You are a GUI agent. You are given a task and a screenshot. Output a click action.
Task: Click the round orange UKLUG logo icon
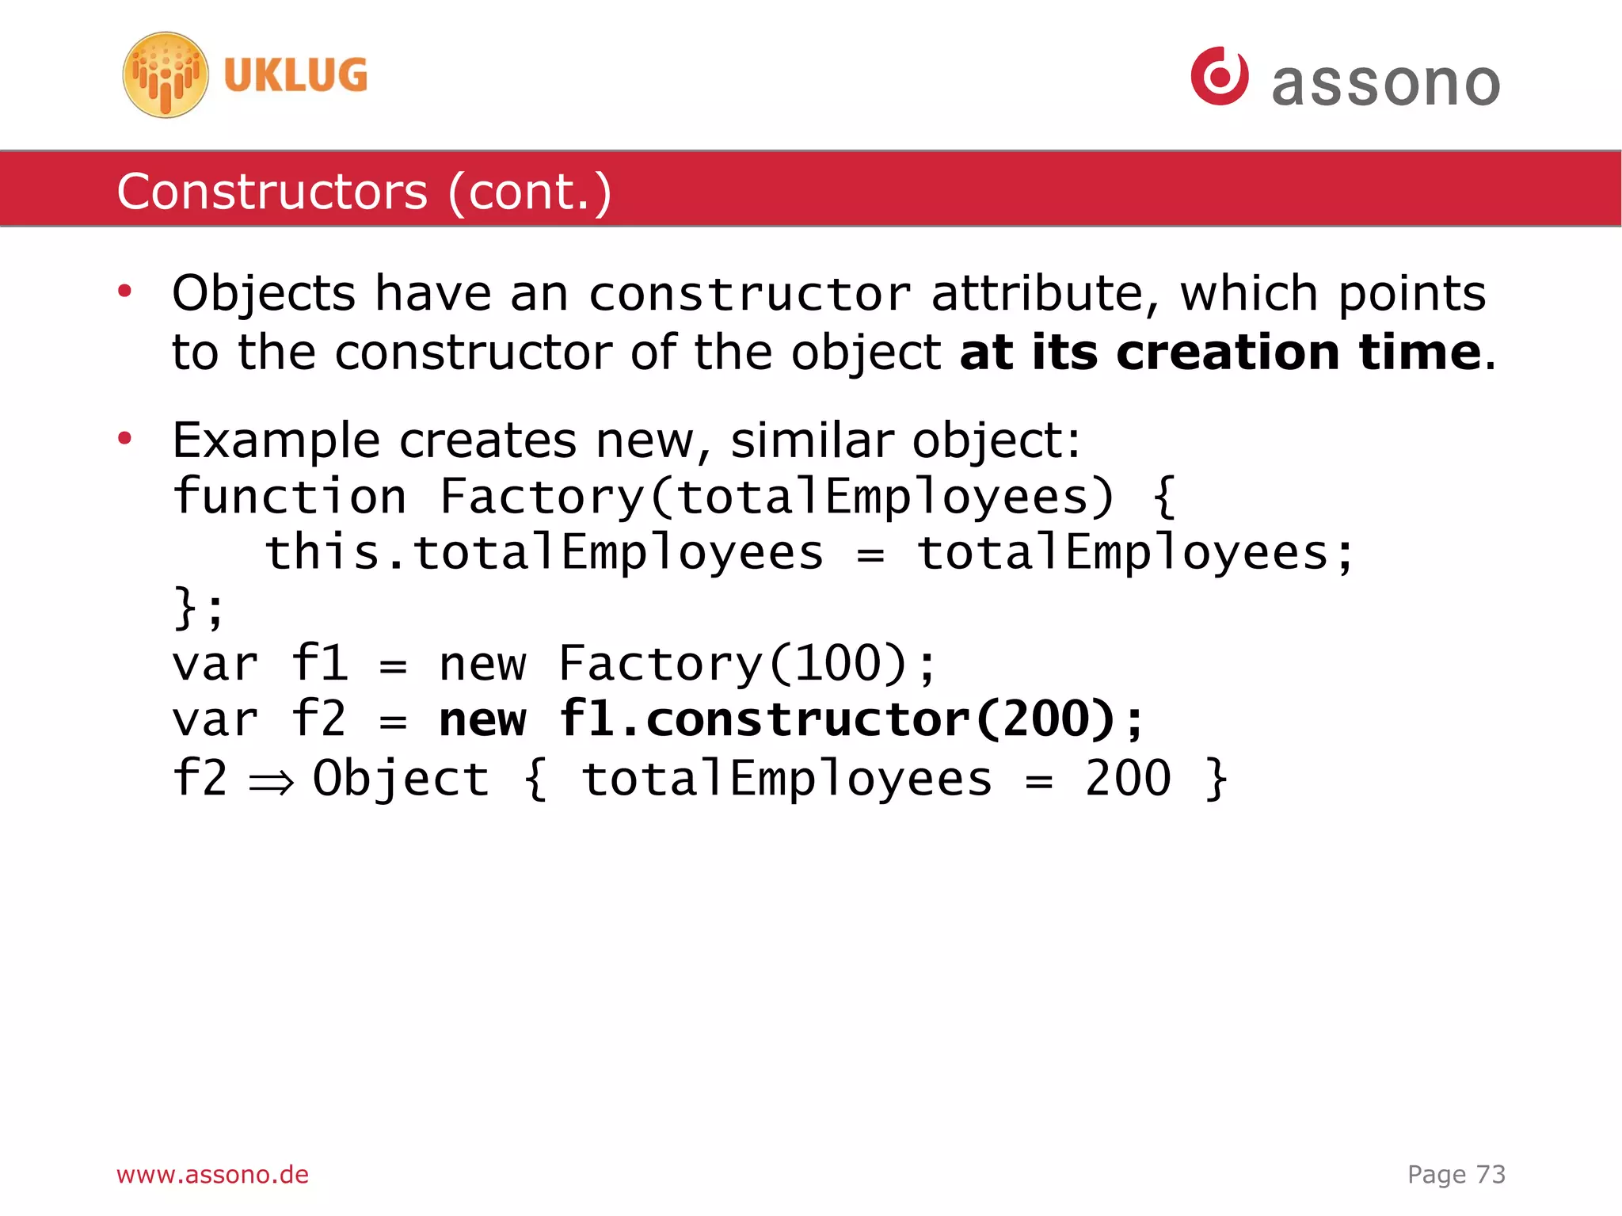[x=166, y=75]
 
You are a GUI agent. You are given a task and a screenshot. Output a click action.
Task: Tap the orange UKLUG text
[x=295, y=75]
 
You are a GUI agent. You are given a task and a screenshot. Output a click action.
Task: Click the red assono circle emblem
[x=1220, y=76]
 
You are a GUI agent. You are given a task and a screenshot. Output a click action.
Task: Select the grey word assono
[x=1385, y=84]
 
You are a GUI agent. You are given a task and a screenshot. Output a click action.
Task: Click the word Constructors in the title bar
[x=272, y=192]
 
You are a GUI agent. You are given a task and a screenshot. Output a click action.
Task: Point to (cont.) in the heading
[x=530, y=192]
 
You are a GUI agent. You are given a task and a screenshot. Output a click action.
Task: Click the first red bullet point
[x=124, y=292]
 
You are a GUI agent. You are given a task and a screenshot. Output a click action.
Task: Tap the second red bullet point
[x=124, y=438]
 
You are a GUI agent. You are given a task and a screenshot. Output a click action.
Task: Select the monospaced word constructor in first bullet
[x=749, y=295]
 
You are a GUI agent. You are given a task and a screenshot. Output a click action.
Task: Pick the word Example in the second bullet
[x=276, y=440]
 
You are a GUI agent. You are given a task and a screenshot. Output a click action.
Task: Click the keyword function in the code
[x=289, y=497]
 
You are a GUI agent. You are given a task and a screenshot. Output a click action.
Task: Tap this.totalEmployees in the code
[x=543, y=552]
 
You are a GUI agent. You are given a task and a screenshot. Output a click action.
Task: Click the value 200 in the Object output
[x=1127, y=778]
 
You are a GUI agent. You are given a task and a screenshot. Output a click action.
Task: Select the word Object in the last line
[x=401, y=779]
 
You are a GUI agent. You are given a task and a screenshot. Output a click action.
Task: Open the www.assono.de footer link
[x=212, y=1174]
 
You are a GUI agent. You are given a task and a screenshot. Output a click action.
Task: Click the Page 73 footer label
[x=1456, y=1174]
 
